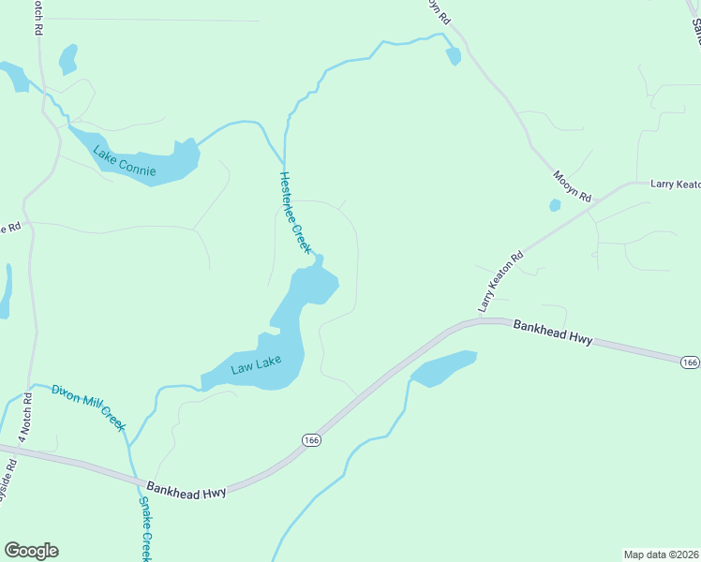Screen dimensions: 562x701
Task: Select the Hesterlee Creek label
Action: (294, 213)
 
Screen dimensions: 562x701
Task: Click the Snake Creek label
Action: (145, 529)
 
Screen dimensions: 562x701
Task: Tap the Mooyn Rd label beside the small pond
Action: (573, 185)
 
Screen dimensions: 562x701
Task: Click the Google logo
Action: (31, 551)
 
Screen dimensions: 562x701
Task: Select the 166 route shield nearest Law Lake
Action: (312, 438)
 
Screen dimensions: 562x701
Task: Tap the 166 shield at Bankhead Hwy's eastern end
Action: (690, 362)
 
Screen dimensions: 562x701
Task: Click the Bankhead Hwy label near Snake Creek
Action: (187, 490)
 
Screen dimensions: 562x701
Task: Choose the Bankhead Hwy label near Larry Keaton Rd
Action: (553, 332)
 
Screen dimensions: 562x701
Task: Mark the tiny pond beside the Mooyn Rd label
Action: (555, 205)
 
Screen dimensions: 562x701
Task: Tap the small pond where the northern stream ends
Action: (454, 56)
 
